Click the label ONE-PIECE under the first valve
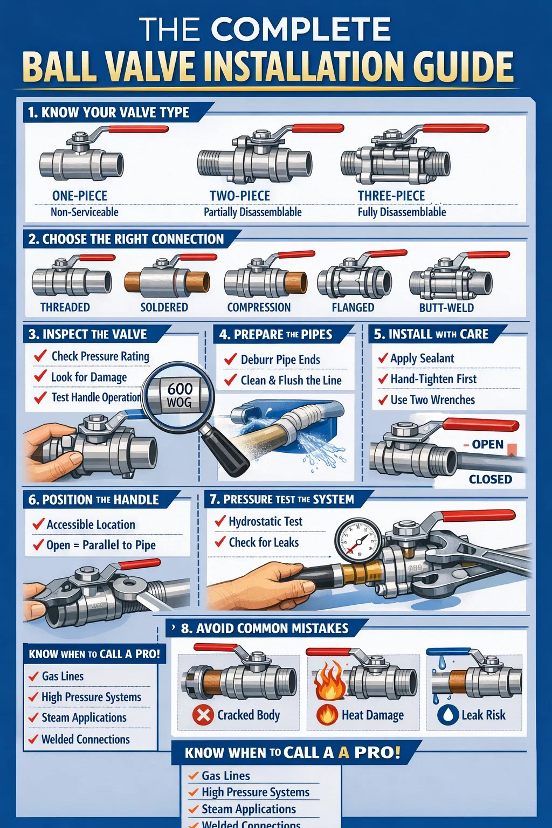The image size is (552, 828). pos(79,196)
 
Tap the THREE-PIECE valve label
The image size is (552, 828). pos(391,196)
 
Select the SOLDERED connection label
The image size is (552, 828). pos(164,307)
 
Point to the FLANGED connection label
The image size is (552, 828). pos(353,307)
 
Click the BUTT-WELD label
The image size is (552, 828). pos(446,308)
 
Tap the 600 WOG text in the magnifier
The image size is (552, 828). pos(180,395)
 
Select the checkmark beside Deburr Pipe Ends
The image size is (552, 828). pos(230,358)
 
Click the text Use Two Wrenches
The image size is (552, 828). pos(432,399)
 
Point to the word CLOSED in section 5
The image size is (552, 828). pos(490,479)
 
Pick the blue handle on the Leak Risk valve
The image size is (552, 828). pos(449,651)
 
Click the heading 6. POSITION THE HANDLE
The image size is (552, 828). pos(94,500)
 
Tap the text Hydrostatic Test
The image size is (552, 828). pos(265,521)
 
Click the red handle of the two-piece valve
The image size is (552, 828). pos(318,128)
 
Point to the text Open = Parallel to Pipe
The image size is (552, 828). pos(101,545)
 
